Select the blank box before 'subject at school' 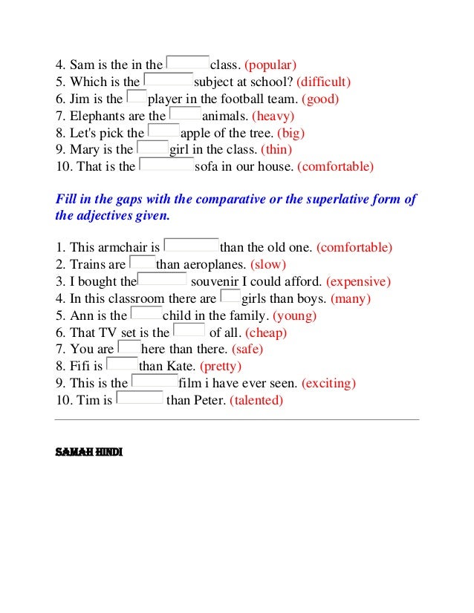[x=168, y=81]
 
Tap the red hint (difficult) [x=322, y=82]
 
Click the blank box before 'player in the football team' [x=137, y=97]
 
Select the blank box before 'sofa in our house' [x=166, y=165]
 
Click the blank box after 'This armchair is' [x=191, y=246]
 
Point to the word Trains [x=88, y=264]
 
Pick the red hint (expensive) [x=358, y=281]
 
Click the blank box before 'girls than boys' [x=230, y=298]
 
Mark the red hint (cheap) [x=265, y=332]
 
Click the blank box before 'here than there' [x=129, y=348]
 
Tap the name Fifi [x=81, y=366]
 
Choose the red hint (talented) [x=256, y=400]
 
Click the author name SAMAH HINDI [x=88, y=450]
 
